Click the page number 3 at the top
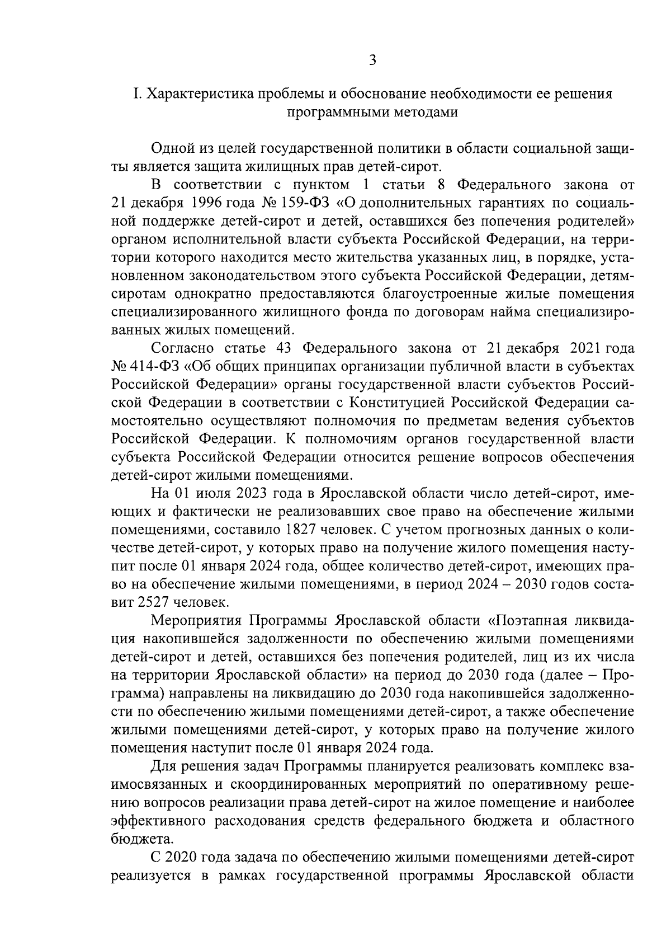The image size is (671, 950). (x=373, y=60)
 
